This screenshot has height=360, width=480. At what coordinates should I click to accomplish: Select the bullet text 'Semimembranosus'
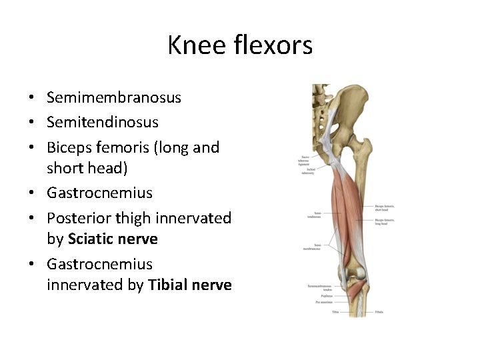[114, 97]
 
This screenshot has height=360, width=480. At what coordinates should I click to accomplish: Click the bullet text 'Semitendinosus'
[103, 122]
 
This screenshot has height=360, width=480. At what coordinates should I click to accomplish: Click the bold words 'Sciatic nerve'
[113, 239]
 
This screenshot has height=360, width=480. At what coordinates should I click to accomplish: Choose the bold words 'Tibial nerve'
[190, 285]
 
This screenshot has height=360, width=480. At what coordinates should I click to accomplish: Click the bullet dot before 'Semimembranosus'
[32, 98]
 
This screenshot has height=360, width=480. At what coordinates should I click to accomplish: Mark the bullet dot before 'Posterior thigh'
[32, 218]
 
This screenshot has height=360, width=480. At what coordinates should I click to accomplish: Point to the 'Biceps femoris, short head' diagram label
[385, 209]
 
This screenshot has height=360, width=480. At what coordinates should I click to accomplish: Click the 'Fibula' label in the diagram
[379, 311]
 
